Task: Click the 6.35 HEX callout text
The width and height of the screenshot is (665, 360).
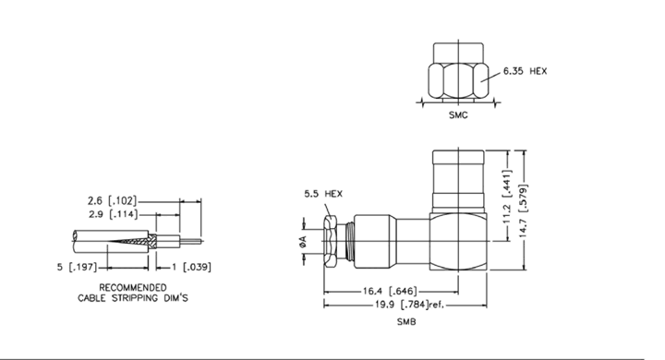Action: (525, 71)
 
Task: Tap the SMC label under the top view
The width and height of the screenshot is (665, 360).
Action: (458, 114)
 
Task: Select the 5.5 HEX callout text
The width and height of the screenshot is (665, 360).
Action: (323, 194)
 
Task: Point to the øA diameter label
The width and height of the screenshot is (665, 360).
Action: (303, 242)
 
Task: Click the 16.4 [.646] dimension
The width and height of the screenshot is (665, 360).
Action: (390, 291)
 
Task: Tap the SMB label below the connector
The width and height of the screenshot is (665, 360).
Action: (406, 322)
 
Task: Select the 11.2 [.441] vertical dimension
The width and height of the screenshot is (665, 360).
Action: (507, 192)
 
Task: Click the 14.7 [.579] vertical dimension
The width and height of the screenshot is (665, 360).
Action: (524, 210)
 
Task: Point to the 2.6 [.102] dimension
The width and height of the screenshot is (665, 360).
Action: (113, 200)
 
